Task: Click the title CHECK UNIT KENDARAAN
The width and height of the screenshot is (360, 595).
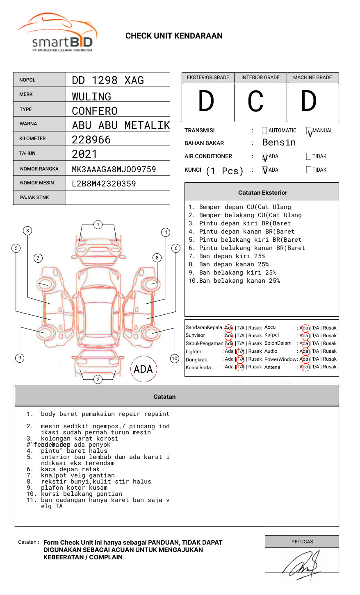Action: [x=174, y=36]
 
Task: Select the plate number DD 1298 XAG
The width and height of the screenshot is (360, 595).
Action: [x=108, y=80]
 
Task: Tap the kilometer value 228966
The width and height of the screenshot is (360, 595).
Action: [x=91, y=140]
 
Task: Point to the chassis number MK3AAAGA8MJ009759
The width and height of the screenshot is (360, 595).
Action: [x=114, y=169]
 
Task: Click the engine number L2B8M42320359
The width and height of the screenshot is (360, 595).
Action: [x=104, y=184]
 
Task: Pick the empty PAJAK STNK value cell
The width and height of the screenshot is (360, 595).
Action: [x=118, y=198]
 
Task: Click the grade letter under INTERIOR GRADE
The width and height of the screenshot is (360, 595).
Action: [x=255, y=102]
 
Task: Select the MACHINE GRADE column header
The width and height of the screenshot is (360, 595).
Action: [x=312, y=77]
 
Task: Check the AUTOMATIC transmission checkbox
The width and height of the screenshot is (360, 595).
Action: [x=264, y=131]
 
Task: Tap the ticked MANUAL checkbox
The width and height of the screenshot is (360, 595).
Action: [x=309, y=131]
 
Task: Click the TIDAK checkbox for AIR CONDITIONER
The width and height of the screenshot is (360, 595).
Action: [x=309, y=157]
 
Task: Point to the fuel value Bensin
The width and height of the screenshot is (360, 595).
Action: [x=279, y=143]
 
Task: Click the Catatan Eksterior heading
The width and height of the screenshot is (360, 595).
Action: [x=262, y=193]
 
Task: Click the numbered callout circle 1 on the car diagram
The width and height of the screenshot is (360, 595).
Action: [x=98, y=225]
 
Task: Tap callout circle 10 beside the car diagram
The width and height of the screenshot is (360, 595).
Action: [x=175, y=359]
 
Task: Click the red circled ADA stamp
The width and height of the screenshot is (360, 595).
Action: [x=143, y=369]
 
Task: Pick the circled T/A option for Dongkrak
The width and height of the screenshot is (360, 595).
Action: [x=240, y=359]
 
